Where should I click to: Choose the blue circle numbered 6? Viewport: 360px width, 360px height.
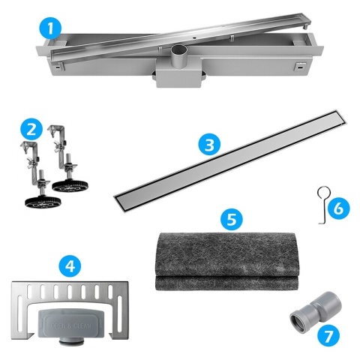tap(337, 206)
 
